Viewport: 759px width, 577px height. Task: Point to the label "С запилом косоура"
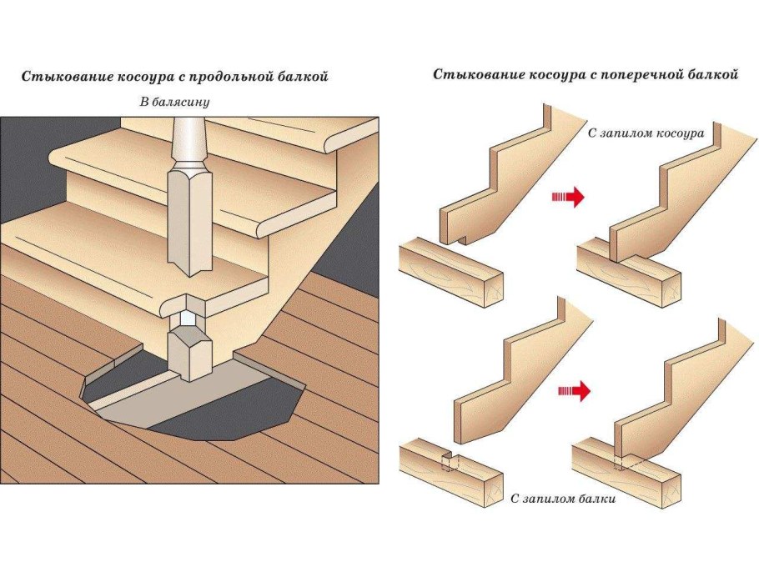coord(645,133)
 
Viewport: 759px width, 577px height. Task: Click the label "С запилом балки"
coord(561,499)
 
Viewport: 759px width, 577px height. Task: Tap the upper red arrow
coord(567,198)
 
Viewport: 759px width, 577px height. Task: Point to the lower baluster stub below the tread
coord(190,350)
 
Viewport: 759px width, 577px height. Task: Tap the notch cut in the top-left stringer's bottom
coord(460,241)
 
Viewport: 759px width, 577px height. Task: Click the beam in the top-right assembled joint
coord(631,275)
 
